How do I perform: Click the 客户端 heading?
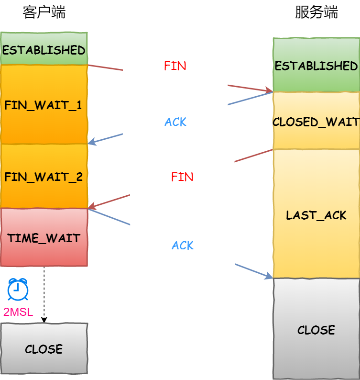pos(44,12)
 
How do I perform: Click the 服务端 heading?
pos(316,12)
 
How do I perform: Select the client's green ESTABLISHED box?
pos(44,49)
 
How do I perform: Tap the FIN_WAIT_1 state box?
pos(44,105)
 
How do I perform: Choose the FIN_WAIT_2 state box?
pos(44,177)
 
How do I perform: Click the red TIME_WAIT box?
pos(44,237)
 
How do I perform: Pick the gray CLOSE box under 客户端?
pos(44,348)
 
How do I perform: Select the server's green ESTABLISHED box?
pos(316,66)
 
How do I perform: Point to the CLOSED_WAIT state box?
pos(316,122)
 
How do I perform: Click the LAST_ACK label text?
pos(316,215)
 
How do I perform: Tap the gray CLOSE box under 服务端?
pos(316,329)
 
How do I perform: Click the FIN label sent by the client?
pos(175,66)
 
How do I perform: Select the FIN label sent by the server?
pos(182,177)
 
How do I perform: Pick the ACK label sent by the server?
pos(175,122)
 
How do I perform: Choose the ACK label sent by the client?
pos(183,246)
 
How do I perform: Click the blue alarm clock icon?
pos(18,289)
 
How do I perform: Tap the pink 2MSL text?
pos(18,313)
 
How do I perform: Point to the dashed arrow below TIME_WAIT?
pos(44,294)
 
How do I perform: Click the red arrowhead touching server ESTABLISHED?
pos(269,90)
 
